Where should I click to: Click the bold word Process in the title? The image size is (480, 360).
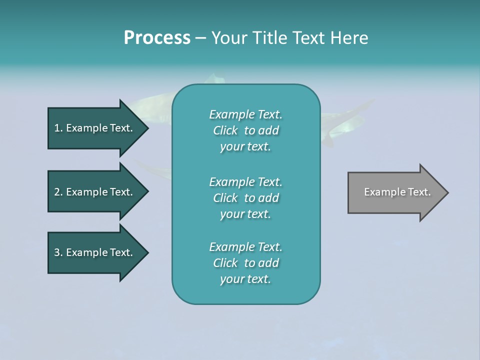(157, 38)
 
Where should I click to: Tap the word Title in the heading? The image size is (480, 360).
(267, 38)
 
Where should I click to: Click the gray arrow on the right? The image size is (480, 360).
(395, 192)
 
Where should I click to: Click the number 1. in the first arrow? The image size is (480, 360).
(58, 128)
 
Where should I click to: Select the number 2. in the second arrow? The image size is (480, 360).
(58, 192)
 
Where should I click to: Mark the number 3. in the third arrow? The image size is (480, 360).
(58, 252)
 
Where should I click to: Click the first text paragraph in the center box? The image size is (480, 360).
(245, 130)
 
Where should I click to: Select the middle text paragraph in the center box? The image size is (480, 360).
(245, 198)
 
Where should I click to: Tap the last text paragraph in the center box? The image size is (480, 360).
(245, 263)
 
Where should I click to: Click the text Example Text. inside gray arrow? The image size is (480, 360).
(397, 192)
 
